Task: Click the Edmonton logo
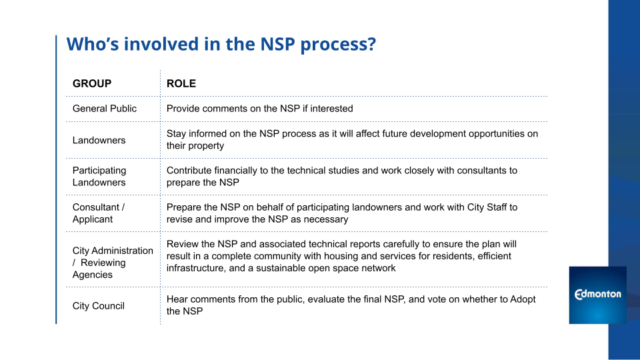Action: tap(597, 295)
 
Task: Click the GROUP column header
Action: tap(92, 84)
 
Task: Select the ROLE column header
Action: tap(181, 84)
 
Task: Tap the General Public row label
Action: tap(105, 109)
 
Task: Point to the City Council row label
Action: tap(99, 306)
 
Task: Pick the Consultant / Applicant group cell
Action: tap(99, 213)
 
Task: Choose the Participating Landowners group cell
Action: tap(99, 176)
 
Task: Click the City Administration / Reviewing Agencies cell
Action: tap(113, 263)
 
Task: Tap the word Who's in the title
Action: tap(92, 44)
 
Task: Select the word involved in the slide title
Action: tap(161, 44)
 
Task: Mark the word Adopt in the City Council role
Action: tap(523, 299)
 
